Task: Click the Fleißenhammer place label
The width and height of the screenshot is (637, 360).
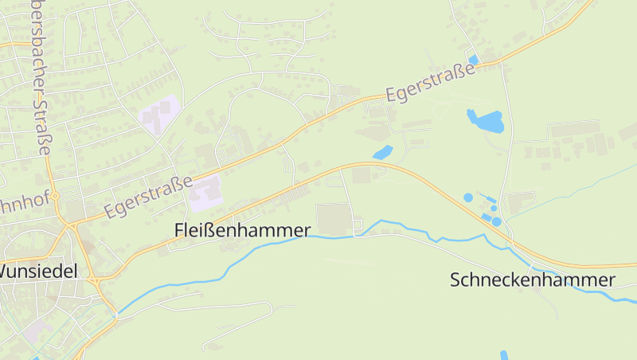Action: point(242,230)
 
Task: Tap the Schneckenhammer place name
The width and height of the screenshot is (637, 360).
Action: point(532,280)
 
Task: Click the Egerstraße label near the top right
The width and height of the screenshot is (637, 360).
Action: point(430,82)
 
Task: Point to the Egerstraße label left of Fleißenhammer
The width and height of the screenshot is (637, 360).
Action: point(149,197)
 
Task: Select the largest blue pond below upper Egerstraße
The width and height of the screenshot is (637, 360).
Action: point(486,121)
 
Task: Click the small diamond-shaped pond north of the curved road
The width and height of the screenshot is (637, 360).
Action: point(383,152)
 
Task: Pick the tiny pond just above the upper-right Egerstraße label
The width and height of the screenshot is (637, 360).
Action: point(474,60)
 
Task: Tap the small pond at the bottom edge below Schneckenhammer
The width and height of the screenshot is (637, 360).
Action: point(503,355)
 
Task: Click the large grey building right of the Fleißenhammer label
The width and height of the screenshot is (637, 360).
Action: point(334,219)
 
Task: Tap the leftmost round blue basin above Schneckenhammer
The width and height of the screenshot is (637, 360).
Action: point(467,197)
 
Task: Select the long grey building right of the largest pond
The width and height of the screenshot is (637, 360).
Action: point(574,128)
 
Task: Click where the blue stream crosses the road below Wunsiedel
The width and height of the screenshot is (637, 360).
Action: point(116,315)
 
